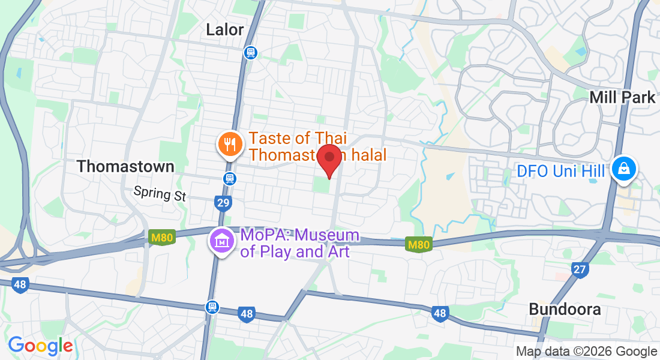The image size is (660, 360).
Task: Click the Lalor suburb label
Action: point(225,29)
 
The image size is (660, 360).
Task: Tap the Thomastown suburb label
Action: point(126,166)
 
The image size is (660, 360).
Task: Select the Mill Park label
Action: point(622,97)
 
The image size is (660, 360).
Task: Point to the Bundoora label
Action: point(565,310)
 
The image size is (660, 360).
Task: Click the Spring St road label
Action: point(160,193)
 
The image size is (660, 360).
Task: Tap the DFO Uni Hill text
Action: point(561,172)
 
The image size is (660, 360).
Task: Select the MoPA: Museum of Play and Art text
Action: point(299,243)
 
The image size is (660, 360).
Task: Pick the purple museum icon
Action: point(221,242)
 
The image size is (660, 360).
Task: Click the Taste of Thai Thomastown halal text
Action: point(316,146)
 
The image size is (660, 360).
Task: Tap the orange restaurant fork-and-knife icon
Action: point(229,144)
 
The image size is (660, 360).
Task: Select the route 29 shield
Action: point(223,203)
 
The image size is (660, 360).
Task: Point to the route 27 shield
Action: point(579,269)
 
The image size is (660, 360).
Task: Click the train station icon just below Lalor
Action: point(250,53)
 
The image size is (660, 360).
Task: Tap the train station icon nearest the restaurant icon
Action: point(229,178)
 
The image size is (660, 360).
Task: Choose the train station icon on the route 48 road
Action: point(211,307)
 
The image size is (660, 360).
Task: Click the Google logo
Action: point(40,346)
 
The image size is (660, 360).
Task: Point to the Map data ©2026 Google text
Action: point(586,352)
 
